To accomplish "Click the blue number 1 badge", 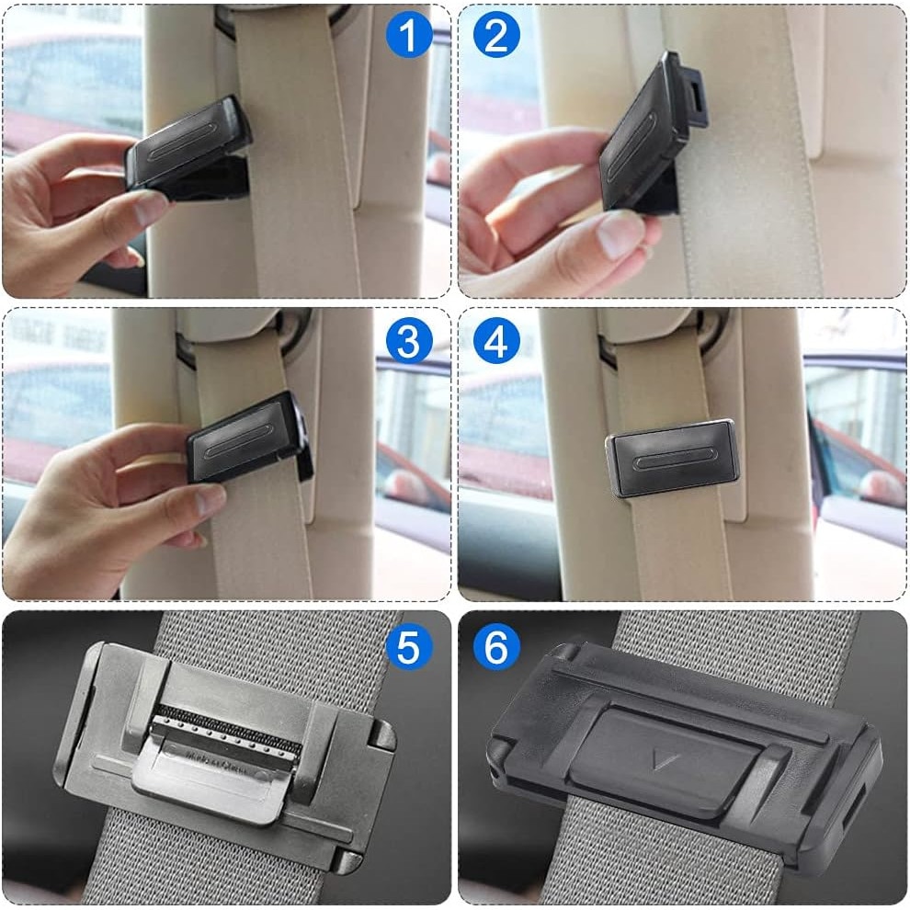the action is click(409, 35).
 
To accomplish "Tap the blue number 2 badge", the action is click(495, 35).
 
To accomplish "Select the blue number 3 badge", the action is click(409, 340).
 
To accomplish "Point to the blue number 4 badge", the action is click(495, 340).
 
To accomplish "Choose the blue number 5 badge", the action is click(409, 646).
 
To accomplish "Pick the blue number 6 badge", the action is click(495, 646).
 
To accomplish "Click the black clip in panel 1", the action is click(188, 150).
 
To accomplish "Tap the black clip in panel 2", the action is click(651, 133).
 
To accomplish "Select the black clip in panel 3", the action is click(249, 438).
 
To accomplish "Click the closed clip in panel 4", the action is click(672, 459).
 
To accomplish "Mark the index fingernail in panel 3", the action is click(210, 500).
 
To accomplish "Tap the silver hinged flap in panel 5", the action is click(216, 778).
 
